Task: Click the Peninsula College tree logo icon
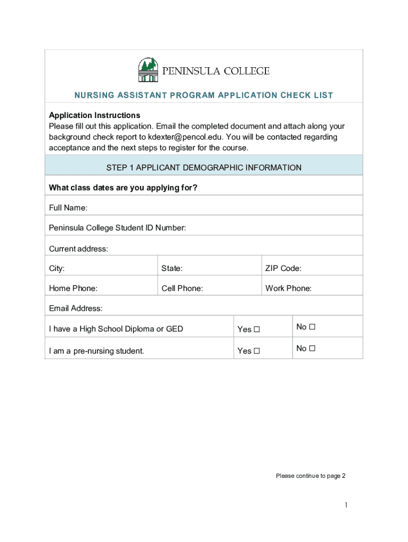click(148, 70)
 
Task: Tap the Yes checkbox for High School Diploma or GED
click(257, 329)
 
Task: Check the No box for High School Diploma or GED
click(312, 327)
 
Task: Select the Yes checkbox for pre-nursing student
click(257, 351)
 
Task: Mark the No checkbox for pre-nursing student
click(312, 348)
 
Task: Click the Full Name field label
click(68, 207)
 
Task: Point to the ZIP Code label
click(283, 268)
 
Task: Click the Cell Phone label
click(182, 288)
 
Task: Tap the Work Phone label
click(288, 288)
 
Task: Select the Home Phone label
click(73, 288)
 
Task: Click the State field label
click(172, 268)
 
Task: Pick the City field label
click(57, 268)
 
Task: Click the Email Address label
click(76, 309)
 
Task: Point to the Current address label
click(78, 249)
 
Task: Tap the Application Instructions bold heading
click(94, 115)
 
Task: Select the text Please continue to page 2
click(311, 476)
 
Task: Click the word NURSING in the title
click(94, 96)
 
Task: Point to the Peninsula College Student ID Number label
click(117, 228)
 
